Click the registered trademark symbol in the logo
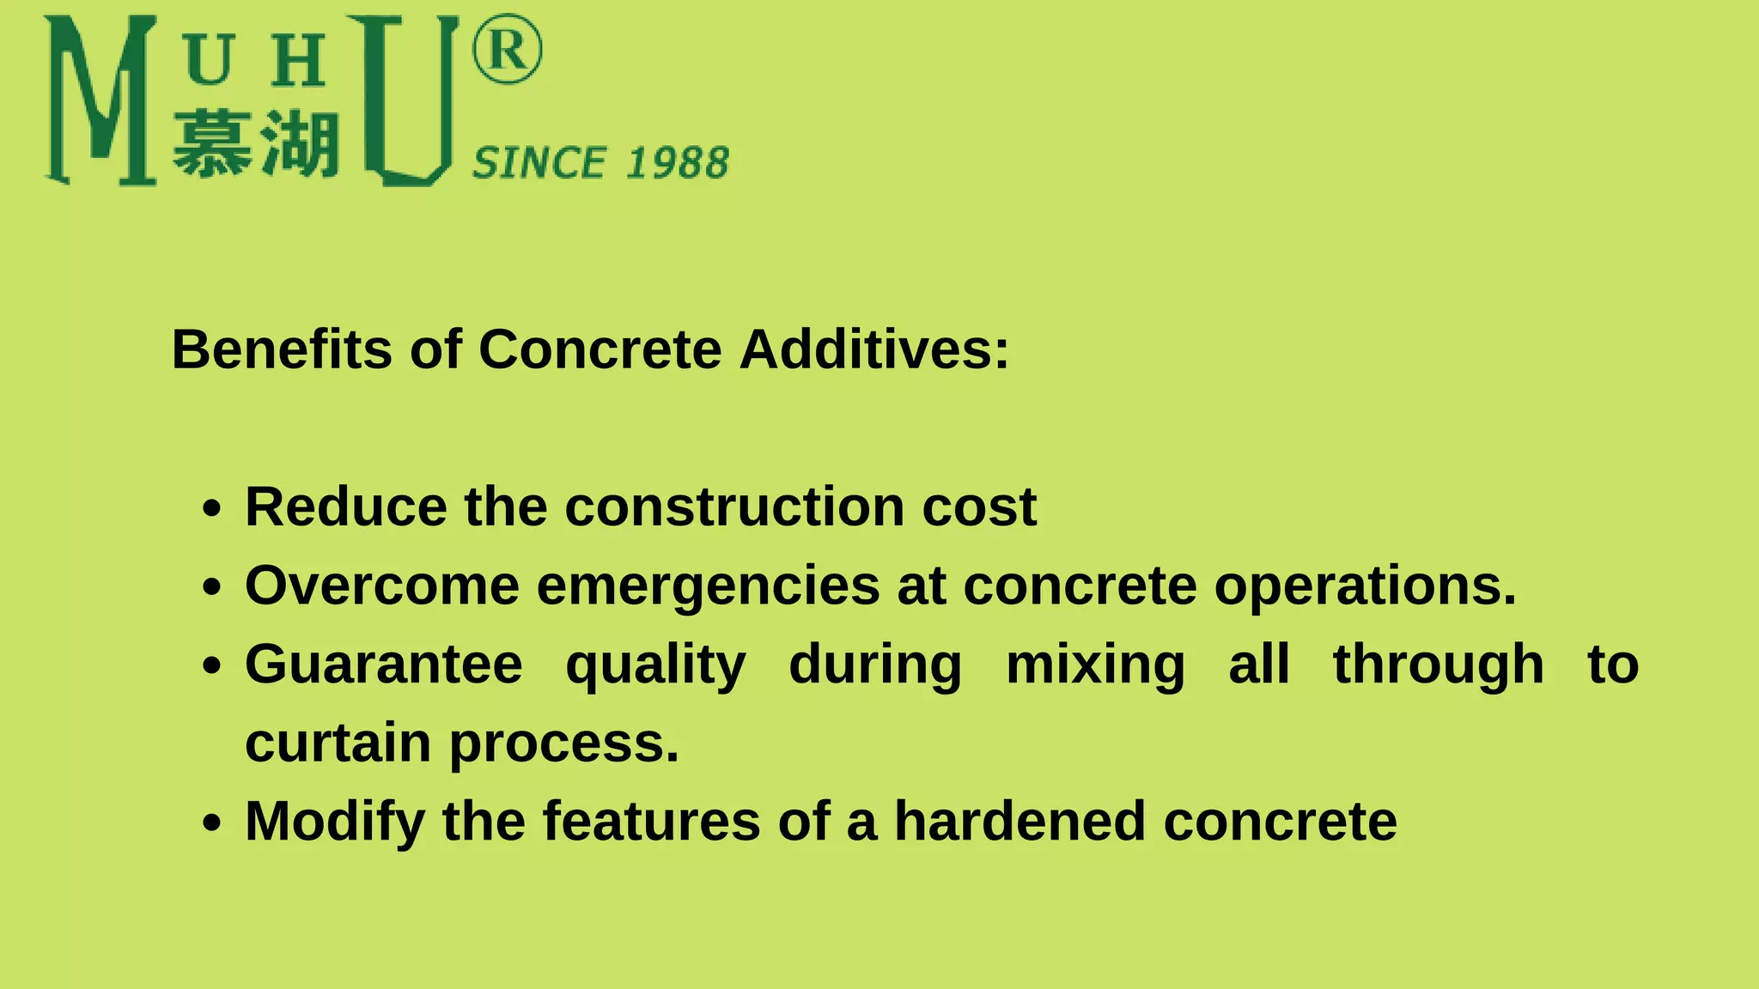click(x=507, y=49)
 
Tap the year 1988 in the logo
click(x=679, y=163)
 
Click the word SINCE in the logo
click(x=540, y=163)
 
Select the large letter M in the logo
click(x=100, y=100)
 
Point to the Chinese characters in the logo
click(x=256, y=143)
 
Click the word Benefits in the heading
click(x=282, y=349)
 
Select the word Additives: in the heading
click(x=874, y=349)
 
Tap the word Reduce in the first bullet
click(x=345, y=507)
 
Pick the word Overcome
click(x=382, y=586)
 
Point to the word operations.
click(x=1365, y=587)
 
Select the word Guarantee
click(x=384, y=664)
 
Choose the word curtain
click(x=338, y=743)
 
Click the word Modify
click(x=335, y=822)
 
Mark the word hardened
click(x=1020, y=822)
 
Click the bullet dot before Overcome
click(x=212, y=588)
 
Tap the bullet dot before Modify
click(x=212, y=823)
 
